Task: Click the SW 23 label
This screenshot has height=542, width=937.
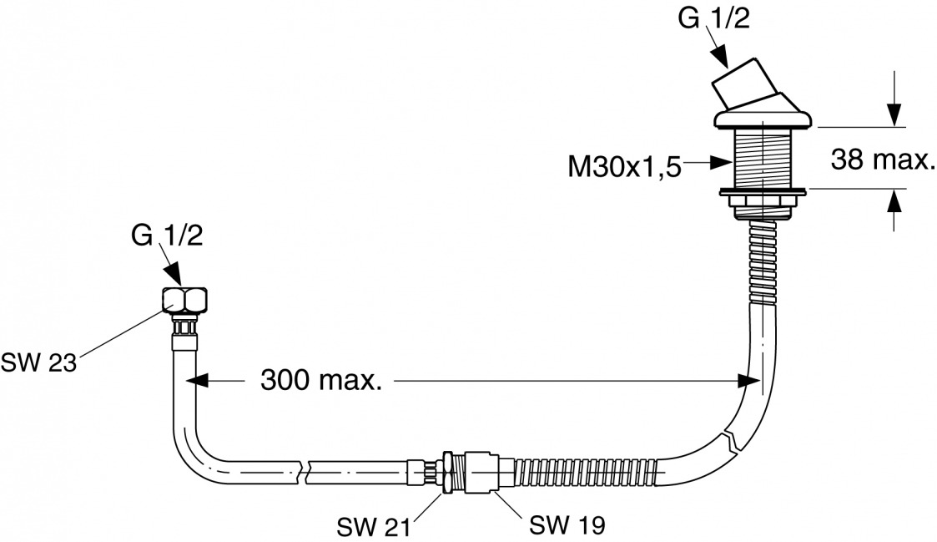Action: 39,363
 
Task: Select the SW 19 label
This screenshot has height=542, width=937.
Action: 567,525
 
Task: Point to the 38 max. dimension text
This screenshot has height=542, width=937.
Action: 882,160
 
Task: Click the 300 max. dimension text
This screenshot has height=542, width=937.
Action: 321,381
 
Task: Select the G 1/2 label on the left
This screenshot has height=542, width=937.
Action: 166,236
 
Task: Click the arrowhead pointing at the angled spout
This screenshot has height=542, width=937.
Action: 721,58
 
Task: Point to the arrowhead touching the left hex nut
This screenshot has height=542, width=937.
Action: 174,276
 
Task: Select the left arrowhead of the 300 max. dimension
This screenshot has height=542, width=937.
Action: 195,381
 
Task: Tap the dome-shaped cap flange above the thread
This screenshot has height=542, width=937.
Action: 762,115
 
